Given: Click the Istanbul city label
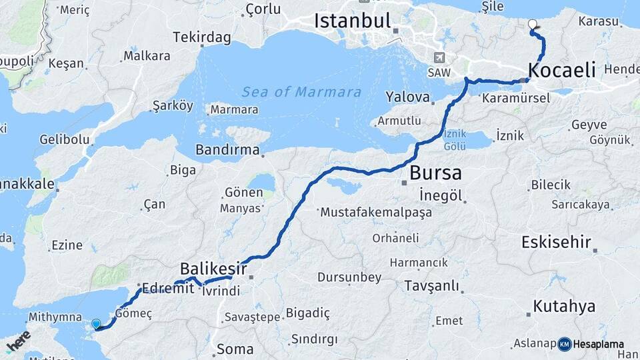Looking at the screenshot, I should (352, 21).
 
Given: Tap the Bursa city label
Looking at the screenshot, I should (435, 173).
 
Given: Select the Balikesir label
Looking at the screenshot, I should (213, 269).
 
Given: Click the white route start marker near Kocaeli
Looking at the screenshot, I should (532, 25).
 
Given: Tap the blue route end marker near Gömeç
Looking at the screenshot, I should (96, 324).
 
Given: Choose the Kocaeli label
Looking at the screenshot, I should (561, 70).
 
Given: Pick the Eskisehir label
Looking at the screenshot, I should (556, 241).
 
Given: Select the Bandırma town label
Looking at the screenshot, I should (227, 150).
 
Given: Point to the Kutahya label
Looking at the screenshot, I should (563, 307).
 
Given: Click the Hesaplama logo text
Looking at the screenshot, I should (598, 344).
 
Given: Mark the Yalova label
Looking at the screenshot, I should (407, 97).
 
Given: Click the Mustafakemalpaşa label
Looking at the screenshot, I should (376, 213).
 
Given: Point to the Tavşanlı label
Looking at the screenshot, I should (431, 286).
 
